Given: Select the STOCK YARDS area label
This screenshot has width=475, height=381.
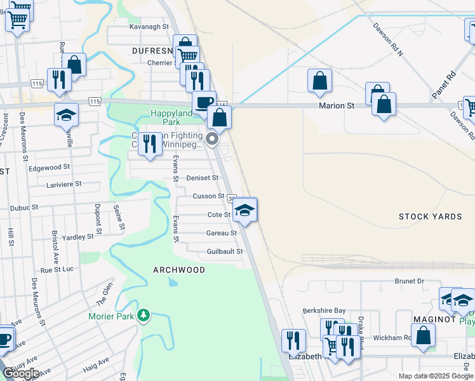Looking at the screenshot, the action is [x=430, y=217].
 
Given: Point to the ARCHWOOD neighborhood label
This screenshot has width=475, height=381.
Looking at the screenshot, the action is [x=179, y=270].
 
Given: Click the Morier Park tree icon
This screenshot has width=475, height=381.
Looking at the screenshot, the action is [x=144, y=316].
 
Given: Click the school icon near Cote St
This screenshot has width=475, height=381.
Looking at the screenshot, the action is [x=244, y=210].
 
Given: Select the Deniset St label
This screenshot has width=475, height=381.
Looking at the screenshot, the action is [x=203, y=178].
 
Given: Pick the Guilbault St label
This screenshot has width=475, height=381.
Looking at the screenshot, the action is [x=225, y=252].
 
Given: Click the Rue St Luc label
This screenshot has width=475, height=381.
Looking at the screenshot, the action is [x=57, y=270].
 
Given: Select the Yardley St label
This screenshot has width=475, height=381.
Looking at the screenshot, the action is [x=78, y=237].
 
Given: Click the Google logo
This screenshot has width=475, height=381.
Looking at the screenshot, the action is [x=21, y=373].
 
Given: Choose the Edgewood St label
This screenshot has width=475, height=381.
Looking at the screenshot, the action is [x=49, y=168].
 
